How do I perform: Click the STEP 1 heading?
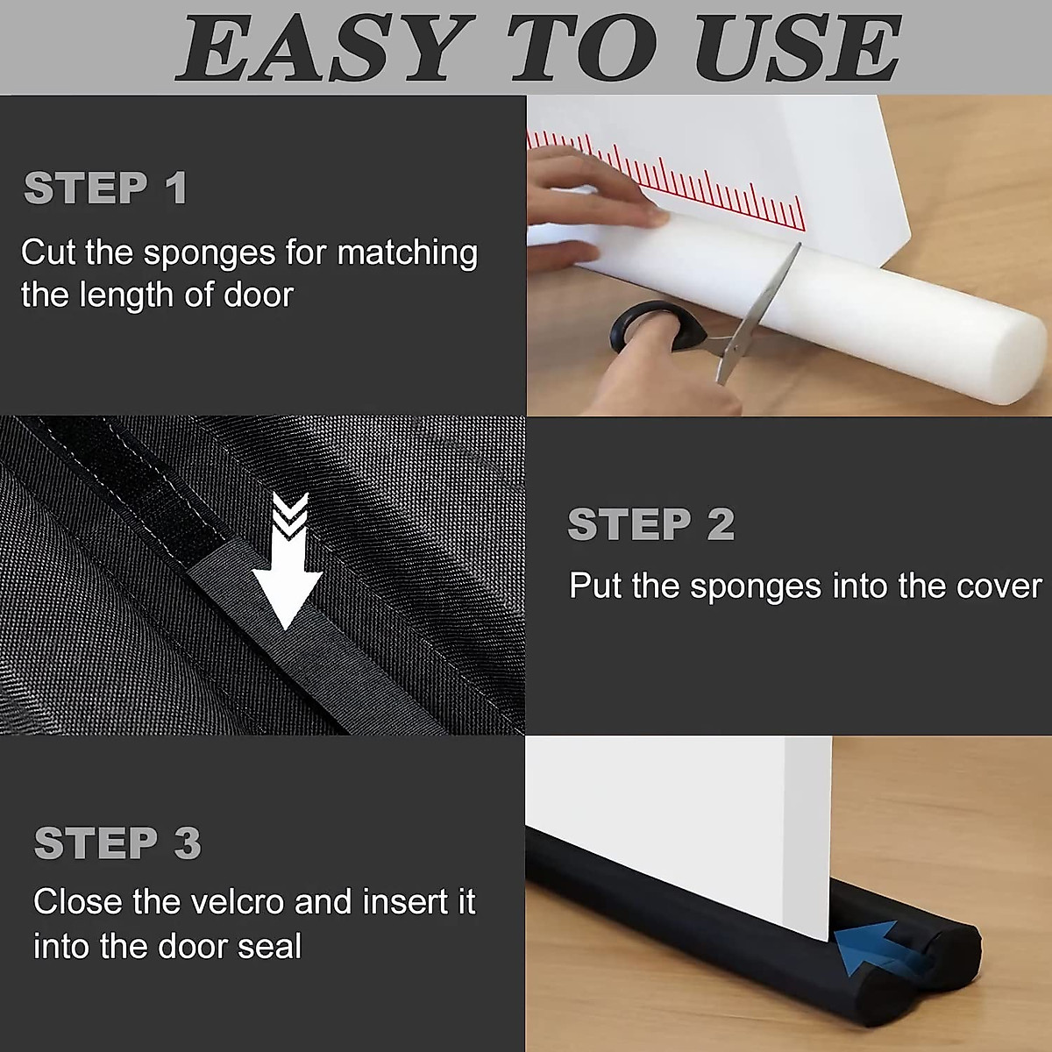(x=106, y=188)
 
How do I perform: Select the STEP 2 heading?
(x=651, y=524)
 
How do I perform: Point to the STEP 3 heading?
(x=118, y=843)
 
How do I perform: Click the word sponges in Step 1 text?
(x=210, y=253)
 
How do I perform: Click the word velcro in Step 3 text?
(x=231, y=902)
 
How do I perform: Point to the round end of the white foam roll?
(x=1017, y=361)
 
